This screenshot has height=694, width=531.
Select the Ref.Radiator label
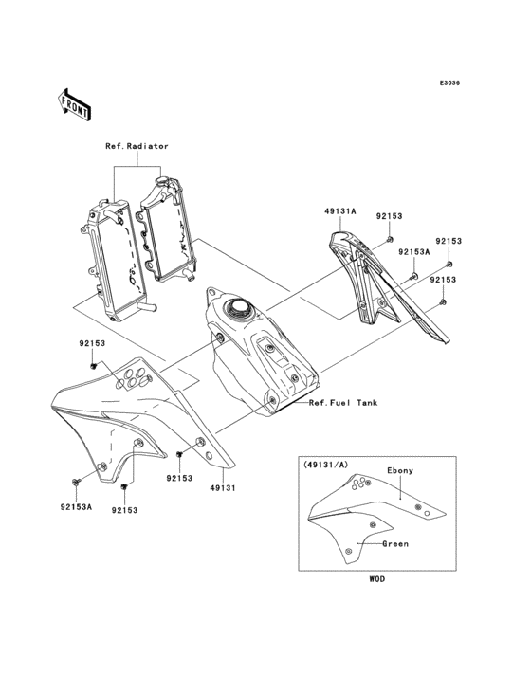point(137,147)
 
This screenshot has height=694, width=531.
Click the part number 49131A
point(341,214)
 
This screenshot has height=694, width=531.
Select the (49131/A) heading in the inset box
point(324,466)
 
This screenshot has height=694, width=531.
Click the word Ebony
point(399,470)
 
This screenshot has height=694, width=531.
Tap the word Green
point(395,545)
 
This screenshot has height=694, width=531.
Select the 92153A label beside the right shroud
point(413,253)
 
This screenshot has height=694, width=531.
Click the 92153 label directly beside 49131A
point(390,216)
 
